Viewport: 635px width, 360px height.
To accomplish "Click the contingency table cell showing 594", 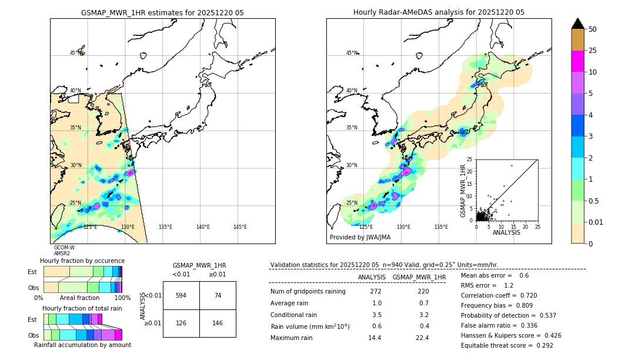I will click(x=181, y=295).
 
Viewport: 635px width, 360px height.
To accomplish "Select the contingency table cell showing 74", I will click(x=218, y=295).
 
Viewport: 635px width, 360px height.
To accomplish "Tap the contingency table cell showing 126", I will click(x=181, y=323).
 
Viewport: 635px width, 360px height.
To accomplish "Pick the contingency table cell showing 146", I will click(x=218, y=323).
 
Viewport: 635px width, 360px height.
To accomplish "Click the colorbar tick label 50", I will click(x=593, y=29).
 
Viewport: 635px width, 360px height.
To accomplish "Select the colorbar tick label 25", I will click(x=593, y=51).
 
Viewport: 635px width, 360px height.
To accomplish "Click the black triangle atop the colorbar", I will click(x=578, y=24).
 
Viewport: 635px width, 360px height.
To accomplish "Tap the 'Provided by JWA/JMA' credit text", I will click(x=360, y=238).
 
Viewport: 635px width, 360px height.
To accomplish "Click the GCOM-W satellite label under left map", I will click(x=64, y=248).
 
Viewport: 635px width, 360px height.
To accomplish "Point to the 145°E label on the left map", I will click(x=240, y=227).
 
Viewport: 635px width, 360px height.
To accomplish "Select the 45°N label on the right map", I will click(x=352, y=53).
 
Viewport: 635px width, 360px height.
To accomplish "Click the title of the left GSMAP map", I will click(x=162, y=12).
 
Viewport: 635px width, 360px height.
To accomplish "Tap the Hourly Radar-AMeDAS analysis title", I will click(x=439, y=12).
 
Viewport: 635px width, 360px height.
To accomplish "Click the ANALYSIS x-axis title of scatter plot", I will click(x=507, y=233).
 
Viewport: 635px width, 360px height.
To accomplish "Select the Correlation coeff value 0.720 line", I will click(x=499, y=295).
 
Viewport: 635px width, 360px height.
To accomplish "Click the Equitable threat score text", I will click(x=507, y=345).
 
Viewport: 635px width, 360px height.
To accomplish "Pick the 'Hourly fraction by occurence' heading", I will click(x=82, y=261).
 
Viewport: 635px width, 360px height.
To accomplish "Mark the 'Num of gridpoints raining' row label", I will click(x=308, y=292).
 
